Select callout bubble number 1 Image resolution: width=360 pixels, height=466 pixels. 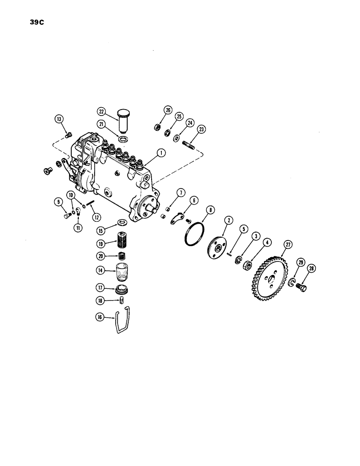pos(161,151)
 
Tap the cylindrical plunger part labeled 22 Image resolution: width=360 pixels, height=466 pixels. pos(123,124)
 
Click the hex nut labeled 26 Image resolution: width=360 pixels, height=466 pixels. pos(158,126)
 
